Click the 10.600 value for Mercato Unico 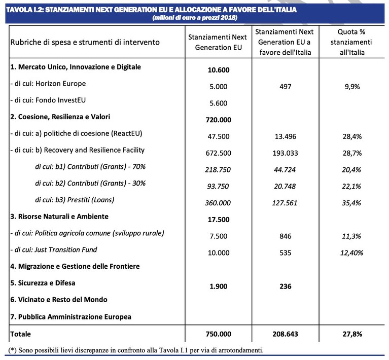coord(218,70)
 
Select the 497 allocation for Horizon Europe coord(286,87)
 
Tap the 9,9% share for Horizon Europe coord(352,87)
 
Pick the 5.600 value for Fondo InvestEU coord(218,103)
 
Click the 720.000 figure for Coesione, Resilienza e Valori coord(218,120)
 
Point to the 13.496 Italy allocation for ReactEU coord(286,136)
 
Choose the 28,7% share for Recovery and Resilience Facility coord(352,153)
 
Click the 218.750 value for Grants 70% coord(218,170)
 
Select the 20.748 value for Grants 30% coord(285,186)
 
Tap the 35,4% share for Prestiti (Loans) coord(351,203)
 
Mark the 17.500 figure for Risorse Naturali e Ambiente coord(218,220)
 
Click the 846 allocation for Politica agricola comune coord(286,236)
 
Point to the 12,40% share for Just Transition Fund coord(351,253)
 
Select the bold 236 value coord(286,286)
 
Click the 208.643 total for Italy coord(286,334)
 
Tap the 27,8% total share coord(352,334)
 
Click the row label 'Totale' coord(21,334)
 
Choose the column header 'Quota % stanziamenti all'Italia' coord(351,42)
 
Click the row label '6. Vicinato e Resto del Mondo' coord(59,300)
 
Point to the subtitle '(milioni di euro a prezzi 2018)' coord(195,18)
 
